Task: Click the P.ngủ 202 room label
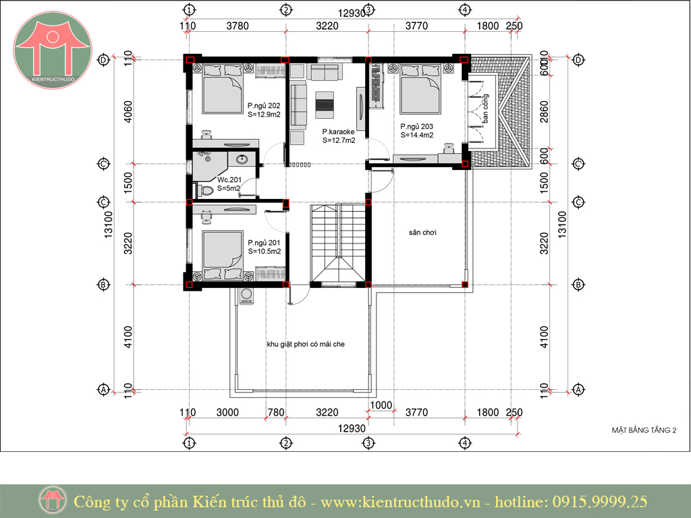coord(264,106)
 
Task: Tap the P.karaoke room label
coord(338,132)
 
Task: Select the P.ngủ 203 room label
coord(416,126)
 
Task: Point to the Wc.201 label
coord(229,179)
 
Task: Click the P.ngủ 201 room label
coord(264,243)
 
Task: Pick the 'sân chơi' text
coord(422,233)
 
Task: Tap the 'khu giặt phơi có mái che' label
coord(306,344)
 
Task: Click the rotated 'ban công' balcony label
coord(485,109)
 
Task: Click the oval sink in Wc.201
coord(241,159)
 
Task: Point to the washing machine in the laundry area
coord(246,296)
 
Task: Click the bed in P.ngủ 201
coord(223,254)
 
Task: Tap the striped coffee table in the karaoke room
coord(325,105)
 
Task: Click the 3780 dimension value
coord(238,26)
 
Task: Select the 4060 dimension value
coord(128,112)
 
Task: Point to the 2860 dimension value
coord(545,112)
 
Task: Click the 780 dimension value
coord(276,412)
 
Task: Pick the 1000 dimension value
coord(381,405)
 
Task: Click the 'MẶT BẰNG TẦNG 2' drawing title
coord(644,430)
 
